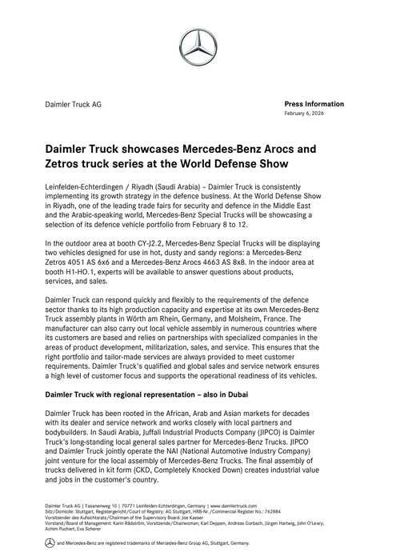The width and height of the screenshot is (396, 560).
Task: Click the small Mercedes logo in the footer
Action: (x=50, y=542)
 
